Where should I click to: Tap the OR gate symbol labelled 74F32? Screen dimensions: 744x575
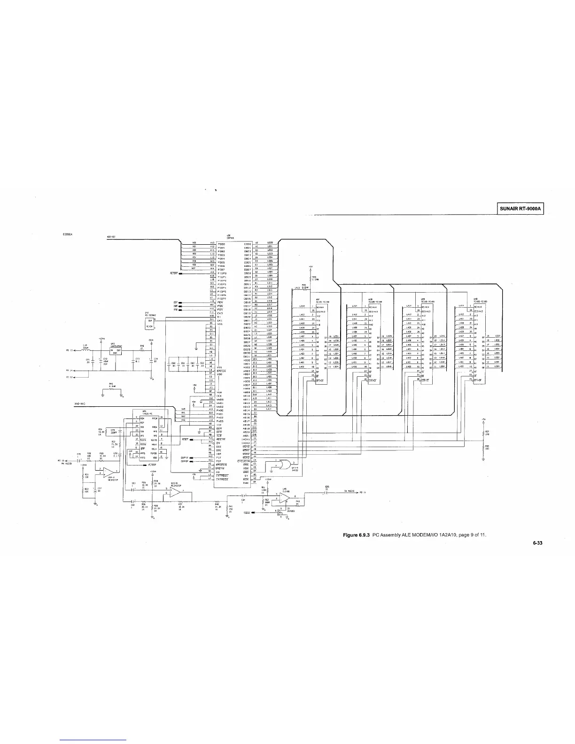[283, 465]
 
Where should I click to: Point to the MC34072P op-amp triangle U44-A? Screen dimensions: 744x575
[107, 472]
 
